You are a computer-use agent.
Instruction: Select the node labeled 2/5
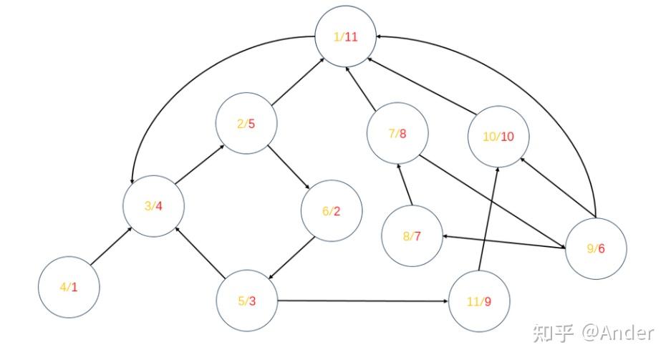click(x=247, y=124)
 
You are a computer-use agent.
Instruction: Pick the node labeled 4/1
click(x=69, y=287)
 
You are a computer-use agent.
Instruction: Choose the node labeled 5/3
click(x=247, y=301)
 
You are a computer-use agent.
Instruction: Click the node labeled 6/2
click(x=332, y=211)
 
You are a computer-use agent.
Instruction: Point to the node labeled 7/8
click(x=397, y=134)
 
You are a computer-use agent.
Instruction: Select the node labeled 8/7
click(x=412, y=235)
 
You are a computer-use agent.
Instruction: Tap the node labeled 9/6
click(x=597, y=248)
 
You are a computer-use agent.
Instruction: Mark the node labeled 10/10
click(x=498, y=137)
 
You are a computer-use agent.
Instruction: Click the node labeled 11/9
click(x=478, y=301)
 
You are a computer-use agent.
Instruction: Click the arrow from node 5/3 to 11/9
click(x=362, y=301)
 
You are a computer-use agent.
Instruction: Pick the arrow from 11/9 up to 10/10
click(x=488, y=219)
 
